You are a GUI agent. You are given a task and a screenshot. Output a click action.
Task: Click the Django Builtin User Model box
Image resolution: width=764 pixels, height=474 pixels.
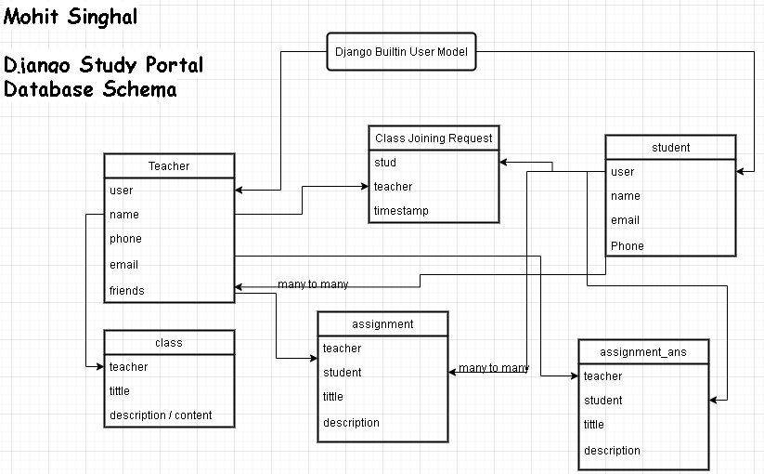point(401,52)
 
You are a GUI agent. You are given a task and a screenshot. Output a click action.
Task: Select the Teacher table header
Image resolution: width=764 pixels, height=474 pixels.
point(169,166)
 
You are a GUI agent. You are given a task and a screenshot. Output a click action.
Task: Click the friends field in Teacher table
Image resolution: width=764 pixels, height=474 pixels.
point(127,291)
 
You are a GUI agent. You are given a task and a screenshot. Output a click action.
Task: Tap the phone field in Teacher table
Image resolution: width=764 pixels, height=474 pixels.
point(125,239)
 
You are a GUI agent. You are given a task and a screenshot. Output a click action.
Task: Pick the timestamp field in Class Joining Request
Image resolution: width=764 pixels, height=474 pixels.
point(401,211)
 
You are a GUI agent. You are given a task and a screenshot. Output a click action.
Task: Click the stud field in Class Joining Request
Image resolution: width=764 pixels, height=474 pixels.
point(385,163)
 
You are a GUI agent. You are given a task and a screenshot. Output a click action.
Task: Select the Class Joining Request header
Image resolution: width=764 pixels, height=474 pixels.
point(434,138)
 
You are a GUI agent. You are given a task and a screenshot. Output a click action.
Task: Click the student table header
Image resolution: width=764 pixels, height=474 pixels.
point(670,148)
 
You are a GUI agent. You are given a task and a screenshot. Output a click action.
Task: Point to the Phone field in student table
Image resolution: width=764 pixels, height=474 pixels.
point(627,246)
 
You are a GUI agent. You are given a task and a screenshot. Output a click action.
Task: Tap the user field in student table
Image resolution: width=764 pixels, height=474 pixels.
point(622,172)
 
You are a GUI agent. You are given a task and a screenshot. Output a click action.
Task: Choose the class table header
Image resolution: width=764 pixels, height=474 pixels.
point(169,343)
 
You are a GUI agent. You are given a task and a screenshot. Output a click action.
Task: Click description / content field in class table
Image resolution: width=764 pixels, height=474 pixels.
point(161,415)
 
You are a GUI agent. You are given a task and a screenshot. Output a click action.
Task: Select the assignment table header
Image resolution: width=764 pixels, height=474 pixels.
point(382,324)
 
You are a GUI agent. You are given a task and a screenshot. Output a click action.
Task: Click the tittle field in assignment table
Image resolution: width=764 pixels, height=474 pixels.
point(333,397)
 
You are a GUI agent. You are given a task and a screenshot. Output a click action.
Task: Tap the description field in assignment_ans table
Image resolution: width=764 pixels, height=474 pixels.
point(612,451)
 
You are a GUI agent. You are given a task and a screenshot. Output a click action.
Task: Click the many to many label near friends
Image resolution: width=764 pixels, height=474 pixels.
point(313,284)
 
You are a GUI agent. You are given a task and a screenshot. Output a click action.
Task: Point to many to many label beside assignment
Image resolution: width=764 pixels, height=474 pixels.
point(494,368)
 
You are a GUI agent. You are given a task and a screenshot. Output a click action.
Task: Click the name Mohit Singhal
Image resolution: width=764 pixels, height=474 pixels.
point(71,17)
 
